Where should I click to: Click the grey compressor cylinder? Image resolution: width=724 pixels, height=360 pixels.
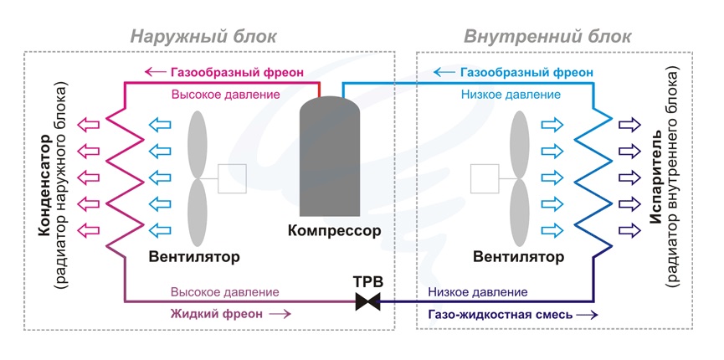[x=330, y=155]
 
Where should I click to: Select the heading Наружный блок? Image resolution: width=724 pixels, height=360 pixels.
[x=203, y=37]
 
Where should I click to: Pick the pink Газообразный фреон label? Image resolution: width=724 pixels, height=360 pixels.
[x=237, y=72]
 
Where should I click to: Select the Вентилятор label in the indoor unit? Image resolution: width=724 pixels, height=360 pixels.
[x=518, y=255]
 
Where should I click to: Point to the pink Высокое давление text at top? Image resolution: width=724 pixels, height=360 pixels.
[x=225, y=95]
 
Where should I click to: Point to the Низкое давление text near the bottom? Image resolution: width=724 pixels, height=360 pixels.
[x=477, y=292]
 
